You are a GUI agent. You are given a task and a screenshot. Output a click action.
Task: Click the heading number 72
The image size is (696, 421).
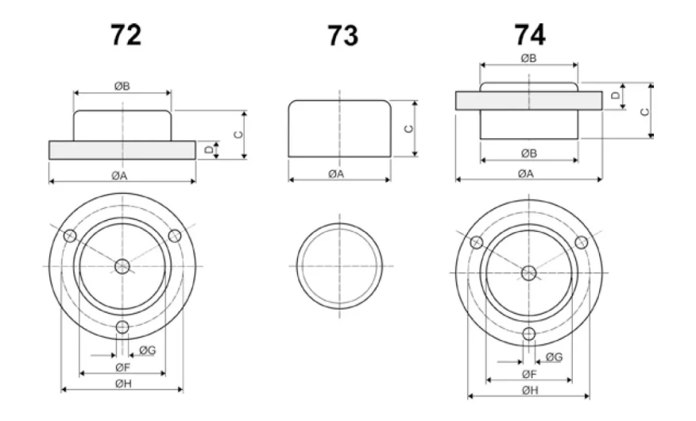point(126,35)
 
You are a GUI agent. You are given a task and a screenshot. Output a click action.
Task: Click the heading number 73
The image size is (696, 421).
point(342,36)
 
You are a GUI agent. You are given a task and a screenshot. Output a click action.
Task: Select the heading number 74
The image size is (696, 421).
point(529,35)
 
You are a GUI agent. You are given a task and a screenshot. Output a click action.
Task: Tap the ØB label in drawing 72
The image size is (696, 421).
point(122,86)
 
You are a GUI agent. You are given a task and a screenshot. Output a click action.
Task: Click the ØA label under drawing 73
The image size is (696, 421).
point(336,174)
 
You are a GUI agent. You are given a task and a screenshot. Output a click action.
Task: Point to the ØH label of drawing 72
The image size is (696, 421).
point(123,384)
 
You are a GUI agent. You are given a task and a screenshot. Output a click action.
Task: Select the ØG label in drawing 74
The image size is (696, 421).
point(555,357)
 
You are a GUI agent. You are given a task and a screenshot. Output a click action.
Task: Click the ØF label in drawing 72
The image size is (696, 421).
point(123,367)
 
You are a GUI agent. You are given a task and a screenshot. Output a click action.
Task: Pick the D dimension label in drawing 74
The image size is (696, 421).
point(615,95)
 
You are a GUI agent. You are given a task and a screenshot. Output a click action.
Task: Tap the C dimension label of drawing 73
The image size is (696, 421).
point(409,129)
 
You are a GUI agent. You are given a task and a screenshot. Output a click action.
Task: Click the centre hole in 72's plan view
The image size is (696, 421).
point(122,267)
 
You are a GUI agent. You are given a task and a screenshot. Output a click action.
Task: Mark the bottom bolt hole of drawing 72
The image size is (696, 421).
point(122,328)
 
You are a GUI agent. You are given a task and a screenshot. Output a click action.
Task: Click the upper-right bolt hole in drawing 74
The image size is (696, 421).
point(582,242)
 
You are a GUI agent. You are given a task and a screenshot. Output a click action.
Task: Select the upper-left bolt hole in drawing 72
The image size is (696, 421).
point(70,236)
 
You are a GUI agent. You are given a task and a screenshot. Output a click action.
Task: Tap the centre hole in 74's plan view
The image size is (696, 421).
point(528,272)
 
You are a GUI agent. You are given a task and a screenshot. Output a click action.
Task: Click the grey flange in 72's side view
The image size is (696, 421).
point(122,150)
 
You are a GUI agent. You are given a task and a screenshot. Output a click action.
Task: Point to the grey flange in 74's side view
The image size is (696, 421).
point(528,101)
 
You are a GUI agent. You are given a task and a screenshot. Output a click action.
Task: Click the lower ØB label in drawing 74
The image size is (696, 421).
point(528,153)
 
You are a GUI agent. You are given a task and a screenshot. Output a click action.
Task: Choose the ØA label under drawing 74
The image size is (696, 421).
point(525,174)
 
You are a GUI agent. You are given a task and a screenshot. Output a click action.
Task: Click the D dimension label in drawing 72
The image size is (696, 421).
point(209,150)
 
